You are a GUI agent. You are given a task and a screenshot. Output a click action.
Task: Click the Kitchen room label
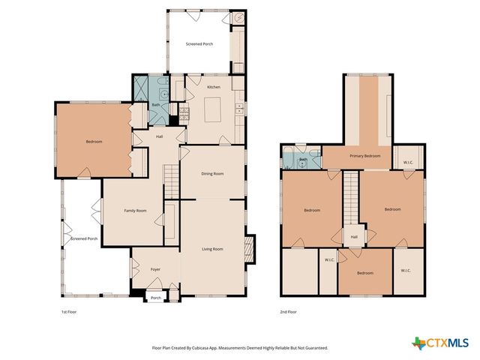213,88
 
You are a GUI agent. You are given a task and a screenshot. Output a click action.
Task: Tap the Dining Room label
212,174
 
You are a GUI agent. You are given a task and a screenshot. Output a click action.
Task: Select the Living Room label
212,249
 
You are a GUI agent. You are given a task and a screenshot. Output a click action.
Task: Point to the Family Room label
135,211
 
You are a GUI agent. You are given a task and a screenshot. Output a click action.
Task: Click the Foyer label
155,269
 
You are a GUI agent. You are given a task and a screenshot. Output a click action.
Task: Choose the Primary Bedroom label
365,156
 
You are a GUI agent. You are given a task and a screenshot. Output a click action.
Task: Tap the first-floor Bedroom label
94,142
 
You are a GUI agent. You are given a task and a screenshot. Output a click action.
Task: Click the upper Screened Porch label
199,44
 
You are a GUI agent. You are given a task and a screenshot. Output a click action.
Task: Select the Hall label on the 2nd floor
353,237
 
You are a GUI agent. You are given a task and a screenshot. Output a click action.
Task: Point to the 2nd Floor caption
289,311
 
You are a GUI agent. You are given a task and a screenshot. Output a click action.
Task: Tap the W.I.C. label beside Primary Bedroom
408,162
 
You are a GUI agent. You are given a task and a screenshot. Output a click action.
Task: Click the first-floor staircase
171,181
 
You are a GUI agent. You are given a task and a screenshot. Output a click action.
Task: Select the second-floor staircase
352,199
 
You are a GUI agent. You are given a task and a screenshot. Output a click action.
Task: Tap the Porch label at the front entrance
156,298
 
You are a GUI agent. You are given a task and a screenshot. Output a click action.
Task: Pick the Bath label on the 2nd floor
304,160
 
